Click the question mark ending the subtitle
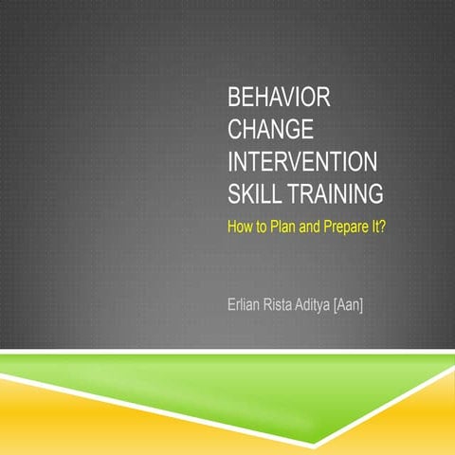[380, 227]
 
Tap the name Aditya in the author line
[320, 306]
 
